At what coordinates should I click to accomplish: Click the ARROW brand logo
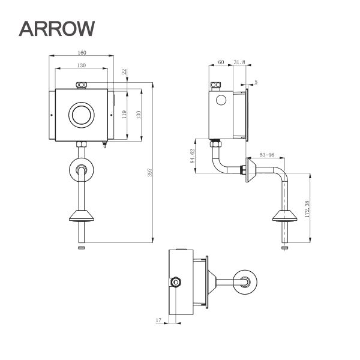57,28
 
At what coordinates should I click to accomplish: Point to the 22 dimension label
124,72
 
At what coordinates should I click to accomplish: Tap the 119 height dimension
125,114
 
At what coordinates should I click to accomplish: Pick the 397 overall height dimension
150,172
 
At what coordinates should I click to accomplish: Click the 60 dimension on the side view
221,62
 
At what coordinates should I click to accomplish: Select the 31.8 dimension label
239,62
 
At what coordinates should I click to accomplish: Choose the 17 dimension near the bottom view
158,322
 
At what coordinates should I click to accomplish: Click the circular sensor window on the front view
82,115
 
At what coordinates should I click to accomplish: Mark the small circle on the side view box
220,100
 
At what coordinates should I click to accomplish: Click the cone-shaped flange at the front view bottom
82,216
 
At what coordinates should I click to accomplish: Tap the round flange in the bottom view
247,282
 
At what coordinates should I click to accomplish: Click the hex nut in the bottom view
176,282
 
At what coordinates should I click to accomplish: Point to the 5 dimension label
256,81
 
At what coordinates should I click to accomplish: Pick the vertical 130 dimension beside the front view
139,114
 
